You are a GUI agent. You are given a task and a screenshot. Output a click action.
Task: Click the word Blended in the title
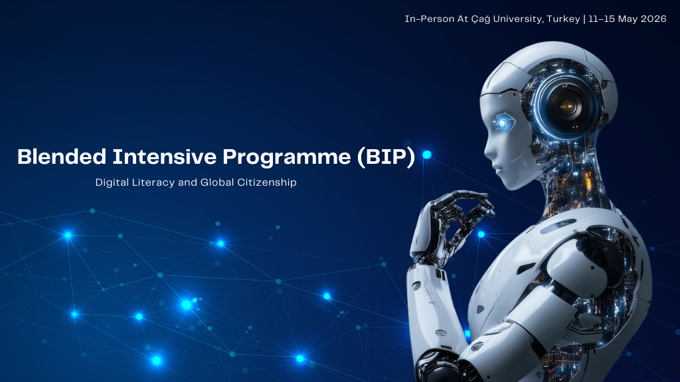pyautogui.click(x=62, y=157)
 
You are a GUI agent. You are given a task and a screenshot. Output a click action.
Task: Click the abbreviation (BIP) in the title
pyautogui.click(x=386, y=157)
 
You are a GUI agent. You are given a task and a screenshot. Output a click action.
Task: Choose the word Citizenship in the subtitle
pyautogui.click(x=267, y=182)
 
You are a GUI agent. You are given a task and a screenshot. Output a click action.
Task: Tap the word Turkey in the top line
pyautogui.click(x=563, y=19)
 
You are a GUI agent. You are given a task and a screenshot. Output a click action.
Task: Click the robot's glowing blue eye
pyautogui.click(x=503, y=123)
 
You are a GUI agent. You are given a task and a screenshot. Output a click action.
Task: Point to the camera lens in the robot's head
pyautogui.click(x=566, y=105)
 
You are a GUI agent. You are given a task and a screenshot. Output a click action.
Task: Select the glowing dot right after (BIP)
pyautogui.click(x=427, y=155)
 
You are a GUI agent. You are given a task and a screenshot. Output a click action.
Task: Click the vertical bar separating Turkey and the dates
pyautogui.click(x=584, y=19)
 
